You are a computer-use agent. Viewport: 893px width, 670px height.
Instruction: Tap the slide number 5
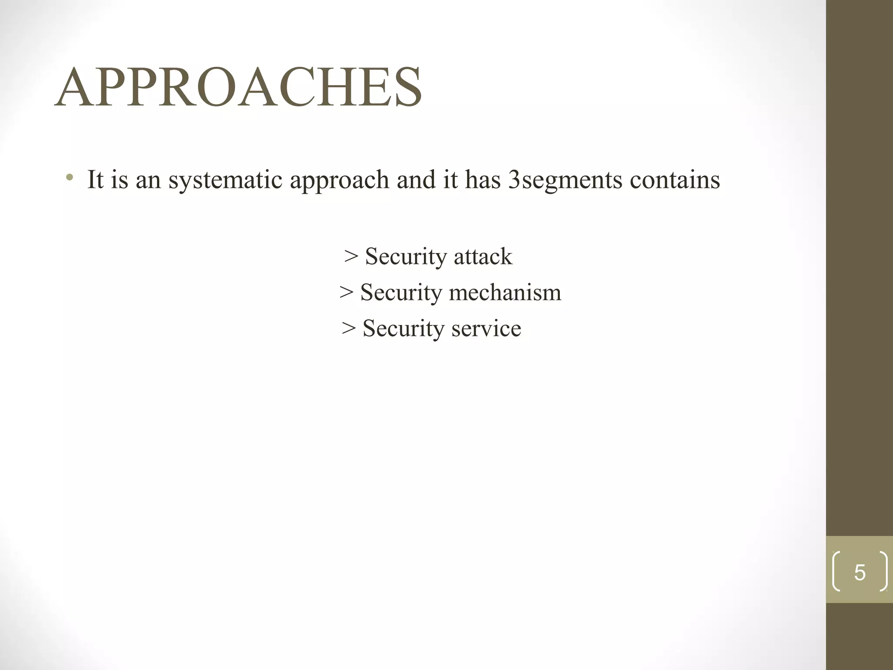tap(859, 572)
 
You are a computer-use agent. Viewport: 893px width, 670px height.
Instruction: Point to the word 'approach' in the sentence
tap(339, 180)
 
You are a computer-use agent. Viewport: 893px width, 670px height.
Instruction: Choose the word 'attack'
tap(483, 256)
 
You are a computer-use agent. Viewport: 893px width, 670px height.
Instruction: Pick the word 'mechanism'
tap(505, 292)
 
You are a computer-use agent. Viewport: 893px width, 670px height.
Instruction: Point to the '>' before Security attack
tap(351, 256)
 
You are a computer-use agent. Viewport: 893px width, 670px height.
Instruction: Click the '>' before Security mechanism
tap(346, 292)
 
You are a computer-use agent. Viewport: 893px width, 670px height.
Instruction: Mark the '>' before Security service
tap(349, 328)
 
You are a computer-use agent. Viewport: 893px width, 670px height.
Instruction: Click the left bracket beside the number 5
tap(836, 571)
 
